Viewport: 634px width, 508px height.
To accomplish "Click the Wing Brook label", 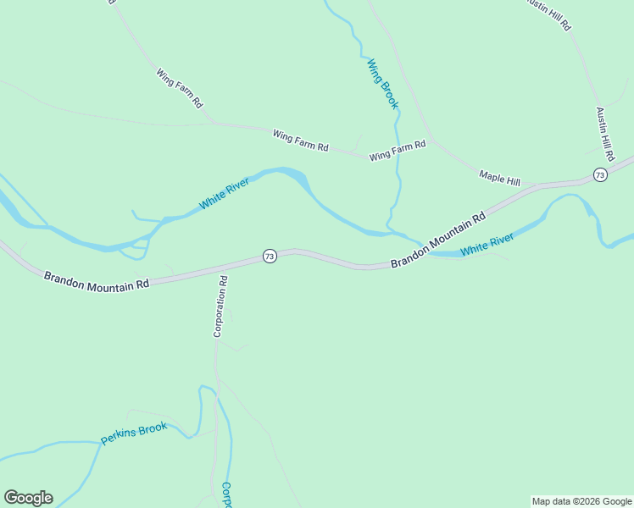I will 382,83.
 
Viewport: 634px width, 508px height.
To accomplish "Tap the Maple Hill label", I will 499,177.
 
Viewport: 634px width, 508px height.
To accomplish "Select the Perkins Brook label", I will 134,433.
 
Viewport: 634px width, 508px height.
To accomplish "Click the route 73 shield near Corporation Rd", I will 270,256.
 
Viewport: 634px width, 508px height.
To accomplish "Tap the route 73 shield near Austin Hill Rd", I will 600,175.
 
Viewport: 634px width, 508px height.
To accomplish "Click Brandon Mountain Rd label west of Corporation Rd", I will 97,280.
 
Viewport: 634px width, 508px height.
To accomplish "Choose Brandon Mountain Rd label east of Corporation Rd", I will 437,240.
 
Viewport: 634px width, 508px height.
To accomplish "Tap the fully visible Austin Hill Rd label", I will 604,134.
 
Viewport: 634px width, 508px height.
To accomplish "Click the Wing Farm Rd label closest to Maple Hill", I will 398,152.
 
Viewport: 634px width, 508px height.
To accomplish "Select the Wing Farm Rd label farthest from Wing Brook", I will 179,87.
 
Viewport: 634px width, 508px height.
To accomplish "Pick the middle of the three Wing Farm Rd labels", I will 300,141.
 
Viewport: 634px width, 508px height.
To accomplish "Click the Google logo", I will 28,498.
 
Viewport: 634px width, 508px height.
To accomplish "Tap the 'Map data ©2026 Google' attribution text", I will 581,501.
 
